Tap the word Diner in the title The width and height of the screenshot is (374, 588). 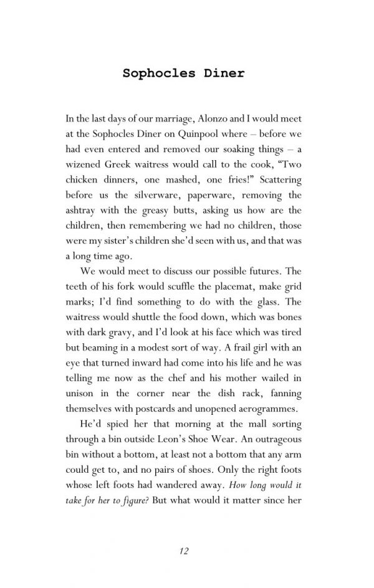(223, 73)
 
